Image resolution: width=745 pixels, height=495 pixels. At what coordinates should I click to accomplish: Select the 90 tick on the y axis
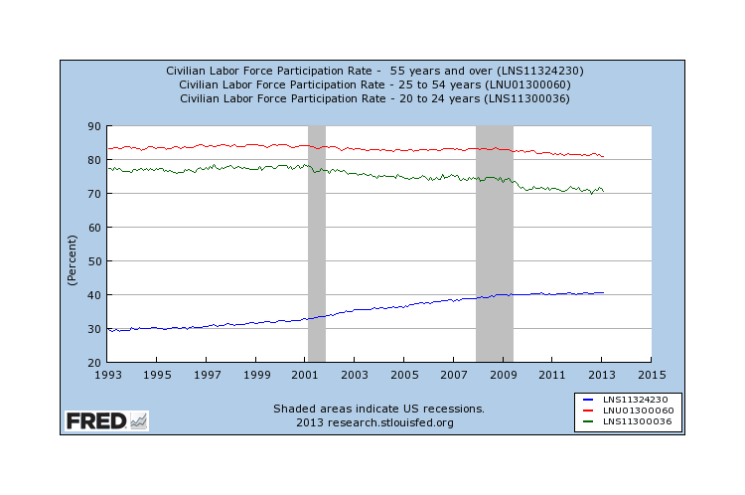tap(94, 126)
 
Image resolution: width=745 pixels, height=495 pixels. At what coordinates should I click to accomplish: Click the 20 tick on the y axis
tap(94, 362)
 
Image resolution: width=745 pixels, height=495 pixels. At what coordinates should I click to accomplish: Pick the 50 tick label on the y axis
tap(94, 261)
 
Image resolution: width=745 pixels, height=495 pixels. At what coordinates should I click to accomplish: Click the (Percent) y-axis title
tap(73, 260)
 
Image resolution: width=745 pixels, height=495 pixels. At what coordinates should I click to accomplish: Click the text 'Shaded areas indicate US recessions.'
tap(378, 409)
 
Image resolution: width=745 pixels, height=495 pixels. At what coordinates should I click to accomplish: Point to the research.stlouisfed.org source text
tap(374, 422)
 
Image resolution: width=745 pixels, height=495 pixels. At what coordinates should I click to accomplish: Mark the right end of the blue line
tap(603, 292)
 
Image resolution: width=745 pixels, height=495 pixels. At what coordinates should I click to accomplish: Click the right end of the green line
tap(603, 191)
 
